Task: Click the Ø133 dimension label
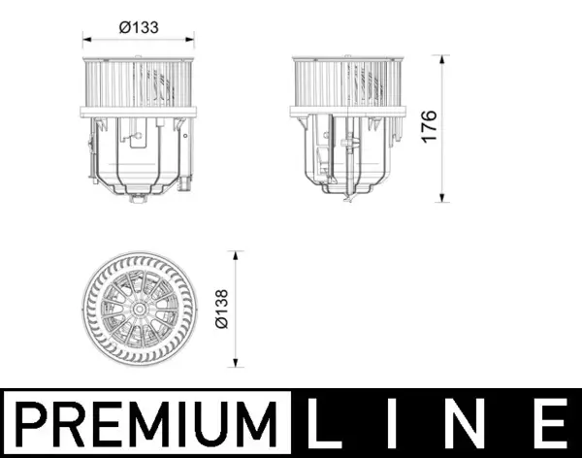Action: pyautogui.click(x=139, y=28)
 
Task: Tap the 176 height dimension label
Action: pyautogui.click(x=429, y=127)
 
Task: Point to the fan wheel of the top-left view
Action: pyautogui.click(x=139, y=86)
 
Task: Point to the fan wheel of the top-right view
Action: pyautogui.click(x=347, y=86)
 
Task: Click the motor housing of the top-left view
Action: pyautogui.click(x=139, y=155)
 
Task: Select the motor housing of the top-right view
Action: pyautogui.click(x=347, y=155)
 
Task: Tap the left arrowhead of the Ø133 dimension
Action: pyautogui.click(x=85, y=41)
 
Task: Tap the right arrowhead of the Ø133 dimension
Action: pyautogui.click(x=191, y=41)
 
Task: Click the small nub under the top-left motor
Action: pyautogui.click(x=139, y=200)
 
